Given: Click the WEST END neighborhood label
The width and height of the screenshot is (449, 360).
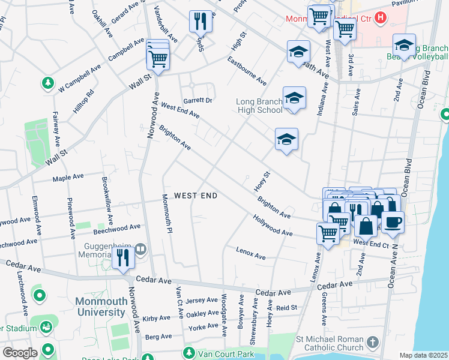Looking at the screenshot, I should [x=195, y=196].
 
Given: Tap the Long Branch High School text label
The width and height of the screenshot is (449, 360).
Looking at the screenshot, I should [x=259, y=106].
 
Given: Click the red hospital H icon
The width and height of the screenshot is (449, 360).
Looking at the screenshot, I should [x=380, y=18].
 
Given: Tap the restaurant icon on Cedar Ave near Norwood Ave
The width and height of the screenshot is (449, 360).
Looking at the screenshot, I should [x=122, y=258].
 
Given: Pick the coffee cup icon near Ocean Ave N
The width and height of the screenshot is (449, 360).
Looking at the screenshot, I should [x=393, y=221].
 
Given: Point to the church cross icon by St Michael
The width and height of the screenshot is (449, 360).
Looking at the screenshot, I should [x=372, y=343].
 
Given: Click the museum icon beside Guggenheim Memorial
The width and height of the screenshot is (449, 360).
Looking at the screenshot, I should [x=140, y=248].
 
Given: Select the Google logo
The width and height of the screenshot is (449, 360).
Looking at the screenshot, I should [x=20, y=353].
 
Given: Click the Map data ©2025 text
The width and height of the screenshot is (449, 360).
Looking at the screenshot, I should [x=423, y=355].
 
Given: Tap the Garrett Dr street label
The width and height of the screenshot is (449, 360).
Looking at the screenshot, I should [x=197, y=100].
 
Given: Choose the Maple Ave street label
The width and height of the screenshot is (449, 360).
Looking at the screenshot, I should [x=68, y=177].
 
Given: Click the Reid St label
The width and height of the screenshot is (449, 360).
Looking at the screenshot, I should [x=286, y=307].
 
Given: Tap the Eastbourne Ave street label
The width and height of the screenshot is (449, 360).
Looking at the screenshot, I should [x=246, y=70].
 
